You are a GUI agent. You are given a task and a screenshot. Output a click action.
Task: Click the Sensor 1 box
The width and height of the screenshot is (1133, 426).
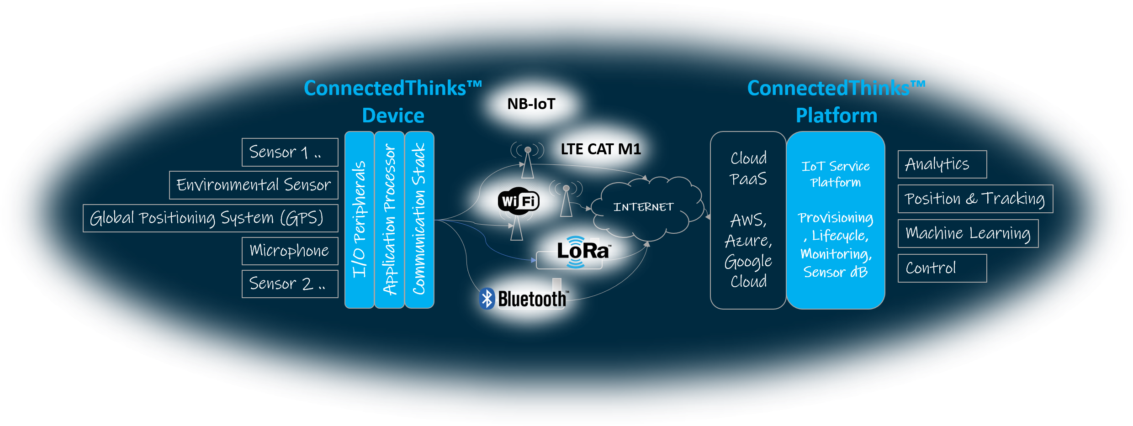290,152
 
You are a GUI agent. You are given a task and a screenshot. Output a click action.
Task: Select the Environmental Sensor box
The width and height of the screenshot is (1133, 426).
254,185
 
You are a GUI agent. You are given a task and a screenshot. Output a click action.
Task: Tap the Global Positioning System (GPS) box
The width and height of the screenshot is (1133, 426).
210,218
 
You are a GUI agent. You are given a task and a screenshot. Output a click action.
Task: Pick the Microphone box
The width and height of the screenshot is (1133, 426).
290,251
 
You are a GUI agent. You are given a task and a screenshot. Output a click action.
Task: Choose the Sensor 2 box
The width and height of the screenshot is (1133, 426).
290,284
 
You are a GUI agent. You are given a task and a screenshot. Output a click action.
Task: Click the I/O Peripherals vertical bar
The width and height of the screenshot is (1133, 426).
359,220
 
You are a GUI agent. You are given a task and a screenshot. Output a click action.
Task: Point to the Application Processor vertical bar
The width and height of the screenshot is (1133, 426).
389,220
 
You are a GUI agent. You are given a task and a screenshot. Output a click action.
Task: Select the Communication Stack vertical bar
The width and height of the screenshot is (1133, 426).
419,220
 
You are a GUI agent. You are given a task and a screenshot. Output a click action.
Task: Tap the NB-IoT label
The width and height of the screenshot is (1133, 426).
531,104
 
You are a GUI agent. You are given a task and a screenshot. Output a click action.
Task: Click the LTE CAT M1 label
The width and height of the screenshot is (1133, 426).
600,149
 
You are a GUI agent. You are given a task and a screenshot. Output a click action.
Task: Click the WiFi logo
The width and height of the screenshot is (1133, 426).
519,201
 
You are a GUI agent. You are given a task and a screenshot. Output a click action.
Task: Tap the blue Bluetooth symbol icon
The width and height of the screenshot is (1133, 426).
487,299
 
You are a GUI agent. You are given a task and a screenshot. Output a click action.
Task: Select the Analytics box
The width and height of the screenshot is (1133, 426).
942,164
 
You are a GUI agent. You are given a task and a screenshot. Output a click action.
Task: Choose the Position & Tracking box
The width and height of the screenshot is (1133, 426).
975,199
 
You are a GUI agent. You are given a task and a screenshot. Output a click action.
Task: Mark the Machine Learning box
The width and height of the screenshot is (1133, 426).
968,233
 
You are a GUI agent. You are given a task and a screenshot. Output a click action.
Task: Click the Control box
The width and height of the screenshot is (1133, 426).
942,268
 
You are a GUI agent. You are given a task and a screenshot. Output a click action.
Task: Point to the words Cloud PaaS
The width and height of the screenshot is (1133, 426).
748,168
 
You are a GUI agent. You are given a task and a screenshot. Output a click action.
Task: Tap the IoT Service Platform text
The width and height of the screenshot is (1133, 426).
835,174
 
